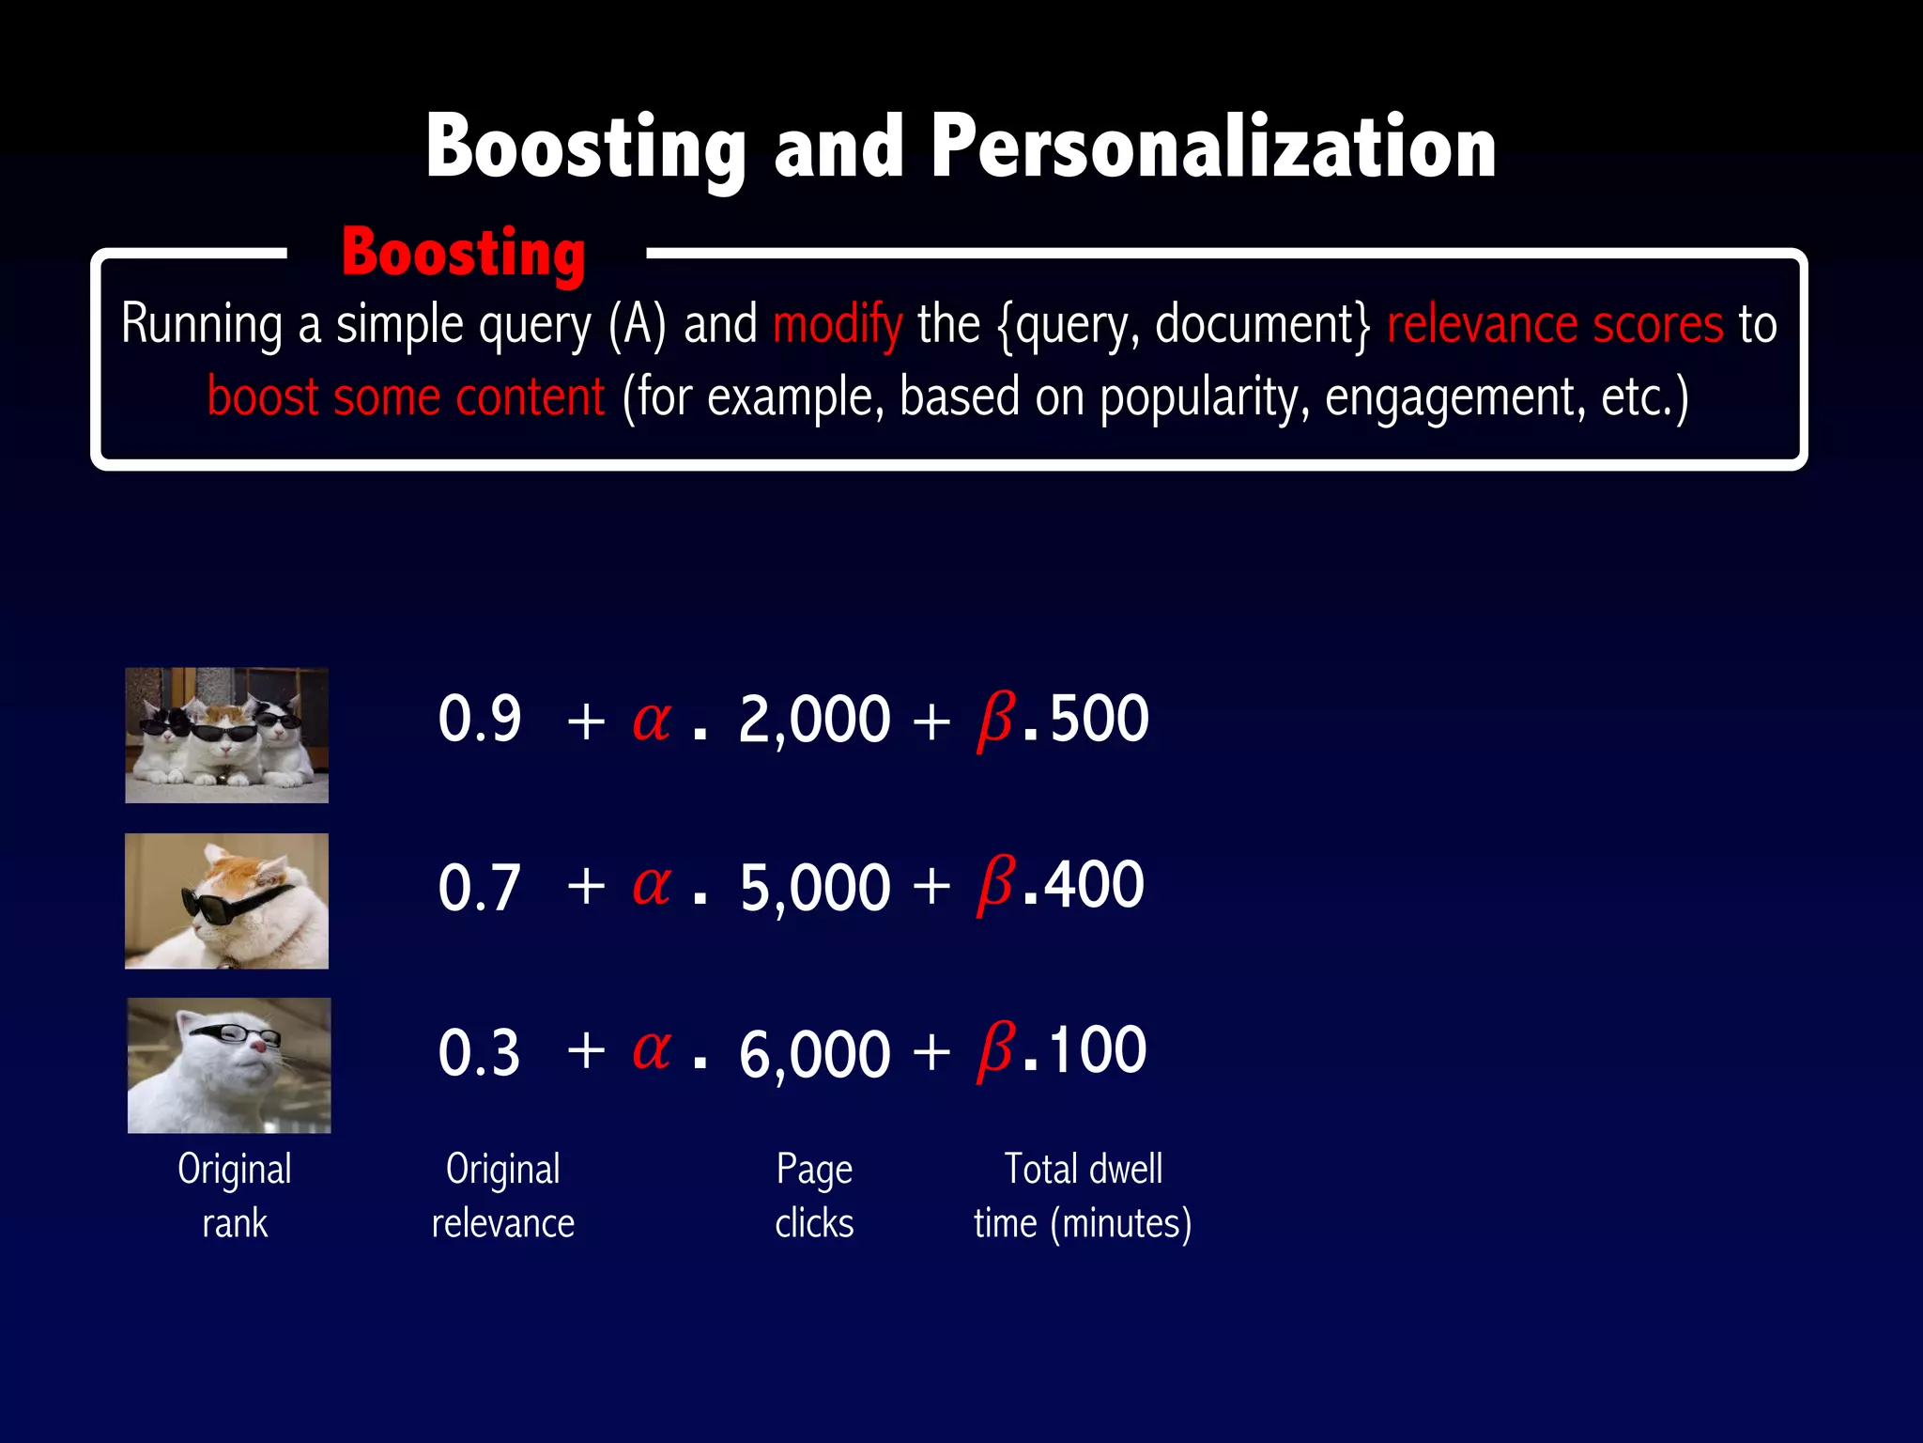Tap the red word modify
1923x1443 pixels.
[838, 325]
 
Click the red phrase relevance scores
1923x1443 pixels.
[1555, 325]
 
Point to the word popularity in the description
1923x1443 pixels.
[1204, 397]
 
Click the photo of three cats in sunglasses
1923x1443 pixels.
[227, 736]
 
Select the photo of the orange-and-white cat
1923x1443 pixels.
[227, 901]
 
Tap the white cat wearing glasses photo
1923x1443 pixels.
[229, 1065]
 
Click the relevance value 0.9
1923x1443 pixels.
[480, 720]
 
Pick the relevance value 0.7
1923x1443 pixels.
[480, 887]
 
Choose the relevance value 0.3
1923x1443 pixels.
[480, 1052]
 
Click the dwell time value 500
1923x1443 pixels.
[1099, 720]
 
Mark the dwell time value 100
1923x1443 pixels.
[1097, 1050]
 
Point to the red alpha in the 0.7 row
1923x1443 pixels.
[652, 885]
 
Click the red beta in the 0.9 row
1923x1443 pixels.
[995, 720]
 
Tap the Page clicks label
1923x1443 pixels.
[814, 1196]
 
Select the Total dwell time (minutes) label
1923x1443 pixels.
[1083, 1196]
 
